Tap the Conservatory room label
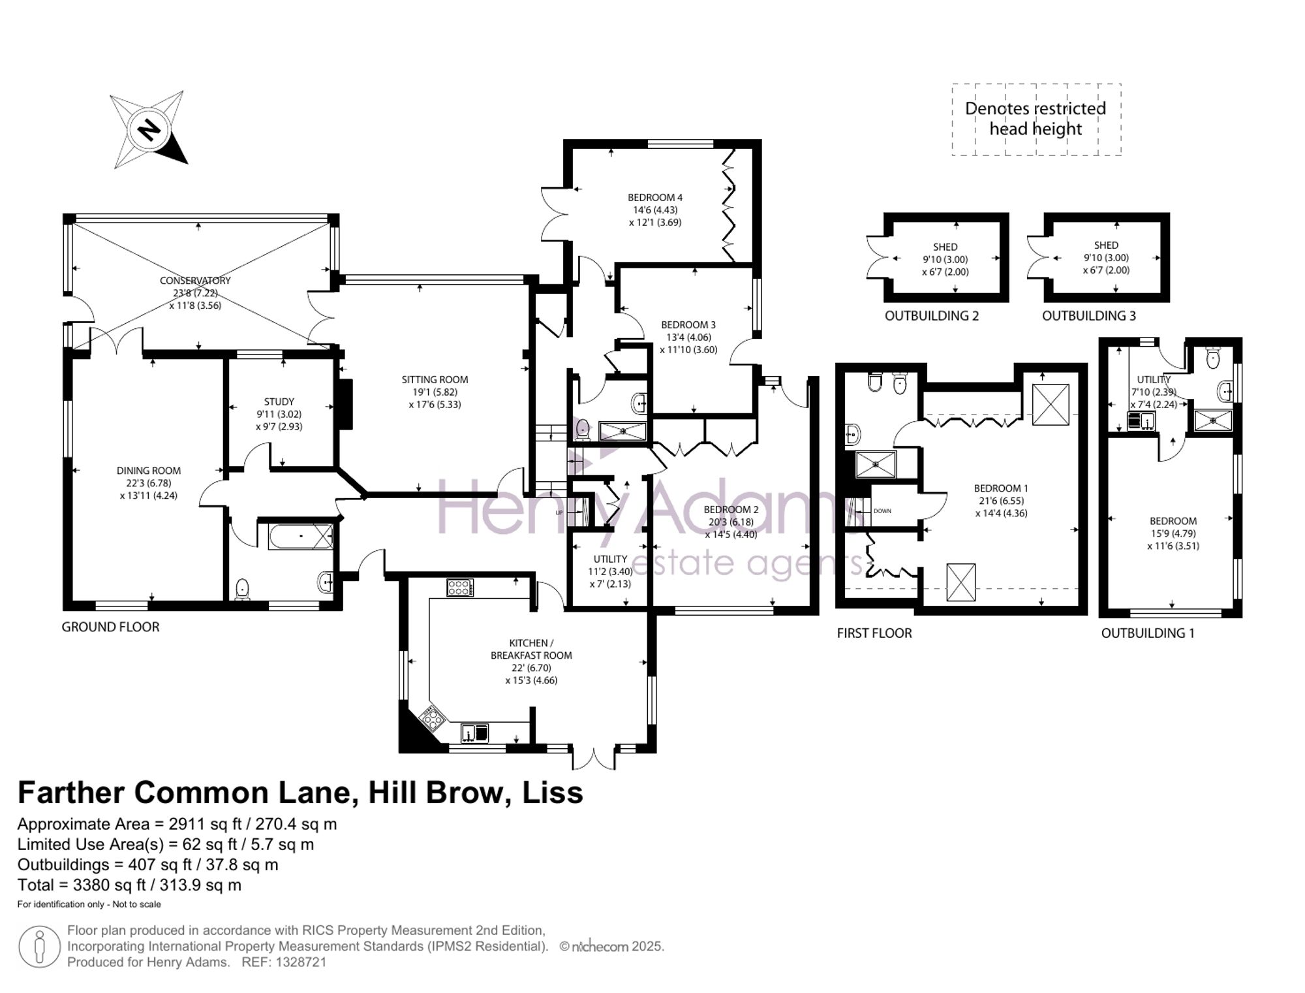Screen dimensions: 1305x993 pos(195,281)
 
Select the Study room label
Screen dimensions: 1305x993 pos(279,402)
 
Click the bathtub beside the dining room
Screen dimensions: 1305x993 pos(301,536)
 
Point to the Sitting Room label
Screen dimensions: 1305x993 pos(435,379)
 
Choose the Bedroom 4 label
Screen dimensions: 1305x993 pos(655,197)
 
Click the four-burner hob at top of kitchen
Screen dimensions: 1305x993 pos(460,588)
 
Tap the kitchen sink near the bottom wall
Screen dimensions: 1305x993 pos(475,733)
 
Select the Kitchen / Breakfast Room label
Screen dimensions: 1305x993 pos(531,649)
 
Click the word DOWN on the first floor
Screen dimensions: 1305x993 pos(882,511)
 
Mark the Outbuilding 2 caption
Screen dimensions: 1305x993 pos(932,316)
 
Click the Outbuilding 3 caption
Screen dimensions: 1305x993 pos(1089,316)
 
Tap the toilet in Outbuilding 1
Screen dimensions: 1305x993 pos(1213,358)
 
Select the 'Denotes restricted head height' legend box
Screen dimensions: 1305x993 pos(1036,119)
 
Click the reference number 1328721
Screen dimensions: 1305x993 pos(301,962)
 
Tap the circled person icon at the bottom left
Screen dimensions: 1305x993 pos(39,947)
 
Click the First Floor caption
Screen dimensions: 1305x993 pos(874,633)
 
